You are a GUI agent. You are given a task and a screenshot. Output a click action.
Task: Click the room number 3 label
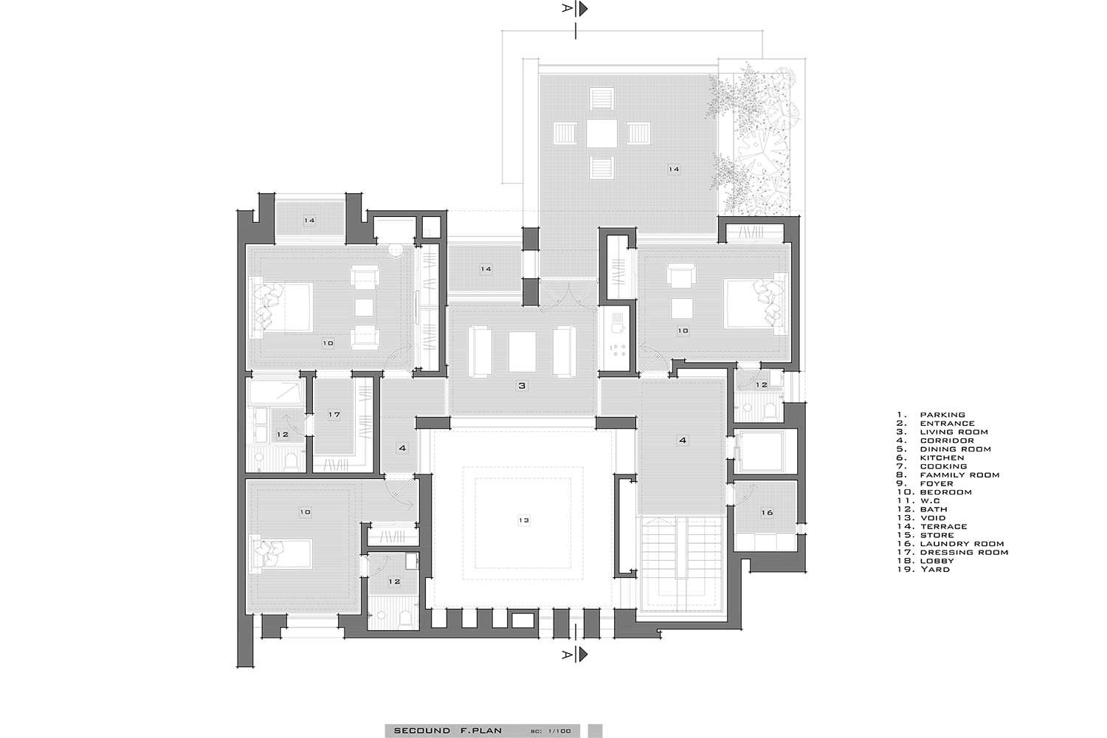522,385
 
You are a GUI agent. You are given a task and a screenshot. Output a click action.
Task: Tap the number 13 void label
524,520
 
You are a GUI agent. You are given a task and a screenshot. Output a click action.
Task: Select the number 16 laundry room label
767,513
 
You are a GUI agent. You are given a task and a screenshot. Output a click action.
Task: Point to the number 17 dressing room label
334,414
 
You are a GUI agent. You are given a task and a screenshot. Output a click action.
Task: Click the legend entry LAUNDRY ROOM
962,543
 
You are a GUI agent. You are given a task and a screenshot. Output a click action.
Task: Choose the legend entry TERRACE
943,526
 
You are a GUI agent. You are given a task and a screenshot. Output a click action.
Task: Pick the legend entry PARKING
942,415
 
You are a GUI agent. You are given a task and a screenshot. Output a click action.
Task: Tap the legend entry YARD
935,569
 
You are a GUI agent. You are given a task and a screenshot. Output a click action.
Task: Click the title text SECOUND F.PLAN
448,730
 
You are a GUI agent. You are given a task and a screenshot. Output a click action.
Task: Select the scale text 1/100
559,731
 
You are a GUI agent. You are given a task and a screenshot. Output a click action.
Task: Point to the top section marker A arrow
583,8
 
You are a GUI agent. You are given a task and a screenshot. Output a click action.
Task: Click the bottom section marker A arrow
583,655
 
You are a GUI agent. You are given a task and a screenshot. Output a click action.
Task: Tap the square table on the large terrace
602,133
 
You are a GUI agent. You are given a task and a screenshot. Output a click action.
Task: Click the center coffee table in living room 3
523,351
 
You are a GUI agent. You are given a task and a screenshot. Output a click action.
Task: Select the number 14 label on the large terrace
674,169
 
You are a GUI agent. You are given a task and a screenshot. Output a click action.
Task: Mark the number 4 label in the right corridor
683,440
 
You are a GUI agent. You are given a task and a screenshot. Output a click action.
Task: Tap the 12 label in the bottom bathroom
394,582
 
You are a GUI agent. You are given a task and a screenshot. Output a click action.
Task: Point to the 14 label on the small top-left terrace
309,221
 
